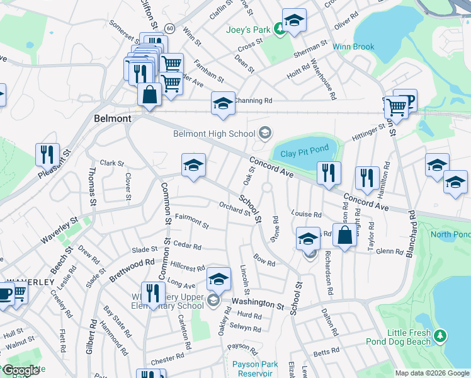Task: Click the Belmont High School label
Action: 215,133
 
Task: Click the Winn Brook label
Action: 354,47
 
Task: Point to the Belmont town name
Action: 112,118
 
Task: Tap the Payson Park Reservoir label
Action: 255,369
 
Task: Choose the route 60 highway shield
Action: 170,28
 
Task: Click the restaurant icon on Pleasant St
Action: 47,154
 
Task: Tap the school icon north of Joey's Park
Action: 293,20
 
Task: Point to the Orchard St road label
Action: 234,207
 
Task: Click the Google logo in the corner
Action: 21,370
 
